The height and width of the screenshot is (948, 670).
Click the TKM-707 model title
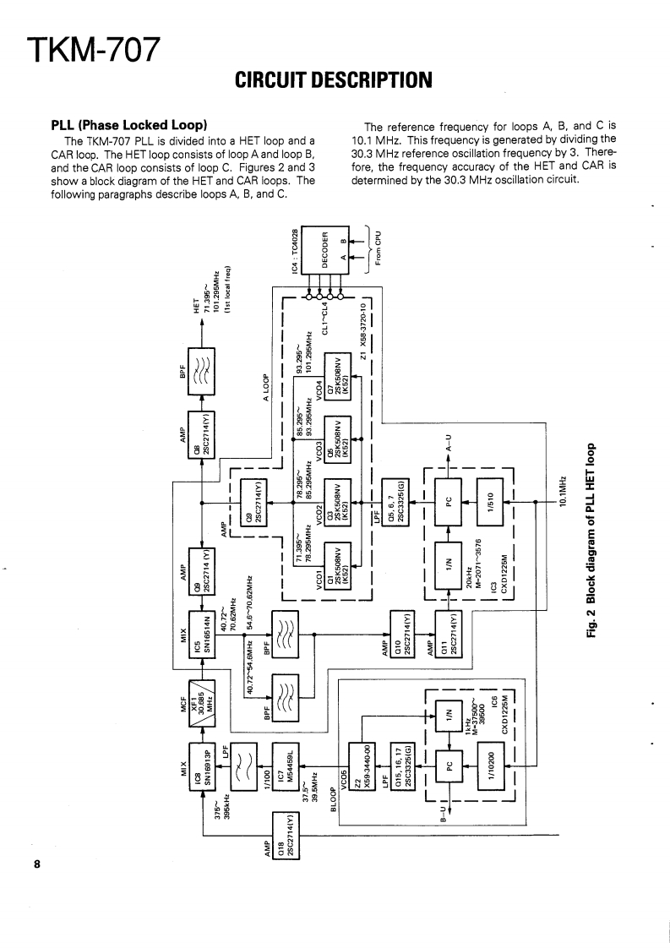(x=92, y=52)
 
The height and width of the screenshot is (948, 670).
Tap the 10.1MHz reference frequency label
(x=564, y=494)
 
